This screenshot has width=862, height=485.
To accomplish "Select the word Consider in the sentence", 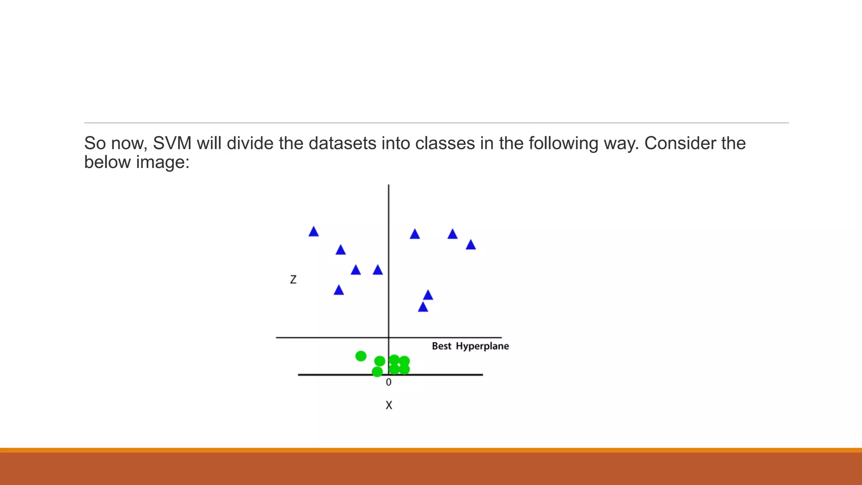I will [x=680, y=144].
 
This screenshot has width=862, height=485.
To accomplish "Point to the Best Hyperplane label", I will [x=470, y=346].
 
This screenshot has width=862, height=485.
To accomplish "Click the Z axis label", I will [x=293, y=280].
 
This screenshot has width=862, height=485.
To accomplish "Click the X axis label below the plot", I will [x=389, y=405].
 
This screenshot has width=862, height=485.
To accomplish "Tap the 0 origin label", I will [x=388, y=382].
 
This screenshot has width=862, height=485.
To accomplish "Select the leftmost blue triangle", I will [x=314, y=232].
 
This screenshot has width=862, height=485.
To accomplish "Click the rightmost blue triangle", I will [x=471, y=245].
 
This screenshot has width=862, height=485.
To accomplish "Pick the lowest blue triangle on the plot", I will [x=423, y=307].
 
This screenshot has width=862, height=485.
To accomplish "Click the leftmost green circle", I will [x=361, y=356].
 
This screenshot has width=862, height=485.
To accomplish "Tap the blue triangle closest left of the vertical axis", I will [x=378, y=270].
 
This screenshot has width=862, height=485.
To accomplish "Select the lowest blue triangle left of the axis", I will [x=339, y=290].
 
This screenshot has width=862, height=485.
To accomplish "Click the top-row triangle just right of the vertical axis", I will [x=415, y=235].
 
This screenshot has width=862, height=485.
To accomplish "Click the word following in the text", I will [x=563, y=144].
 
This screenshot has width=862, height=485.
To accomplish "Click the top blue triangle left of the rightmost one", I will [x=452, y=235].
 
